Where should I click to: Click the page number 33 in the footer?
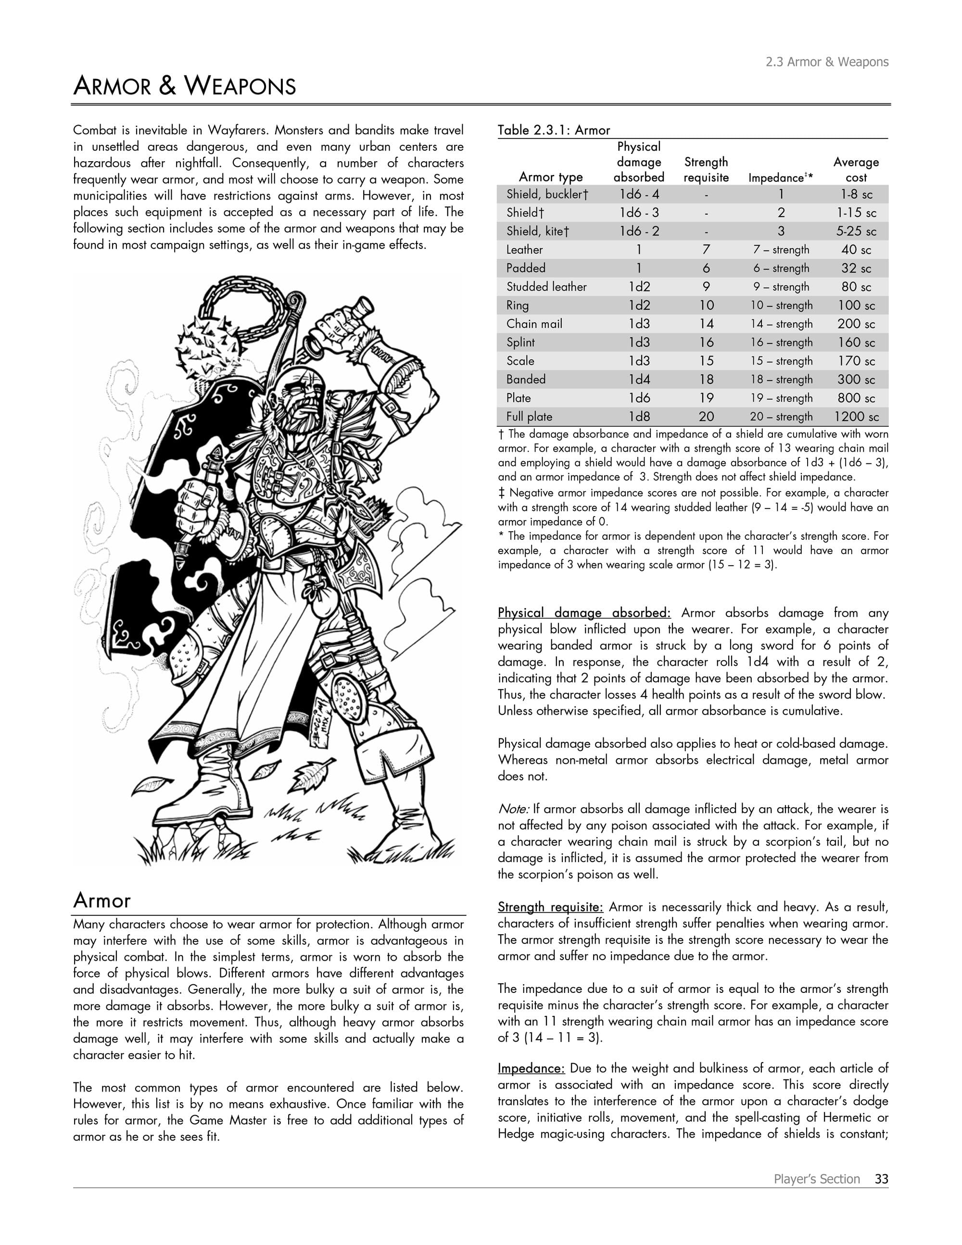(x=881, y=1179)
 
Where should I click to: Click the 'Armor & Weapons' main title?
(x=185, y=86)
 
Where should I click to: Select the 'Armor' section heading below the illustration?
(x=102, y=901)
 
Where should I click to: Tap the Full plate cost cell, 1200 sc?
(x=856, y=417)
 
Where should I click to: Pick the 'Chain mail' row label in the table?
(x=534, y=324)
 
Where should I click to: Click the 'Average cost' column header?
(x=856, y=170)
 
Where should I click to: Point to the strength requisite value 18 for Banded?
(x=706, y=380)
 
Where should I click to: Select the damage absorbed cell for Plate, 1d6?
(x=639, y=398)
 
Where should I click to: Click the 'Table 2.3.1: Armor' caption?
(x=553, y=130)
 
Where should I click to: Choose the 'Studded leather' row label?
(x=546, y=287)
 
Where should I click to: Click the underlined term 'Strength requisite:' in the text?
(x=550, y=907)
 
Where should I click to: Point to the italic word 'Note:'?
(x=514, y=809)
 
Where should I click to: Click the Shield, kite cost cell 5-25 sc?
(x=856, y=231)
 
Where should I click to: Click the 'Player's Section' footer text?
(x=816, y=1179)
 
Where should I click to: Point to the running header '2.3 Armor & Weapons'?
(x=826, y=62)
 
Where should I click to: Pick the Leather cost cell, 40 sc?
(x=856, y=250)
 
